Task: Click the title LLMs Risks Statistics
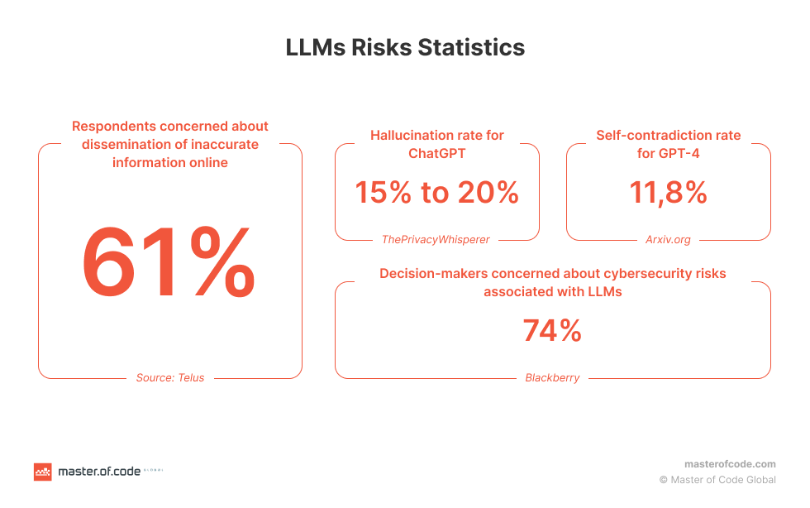[405, 47]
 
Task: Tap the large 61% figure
[169, 263]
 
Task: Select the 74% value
[552, 331]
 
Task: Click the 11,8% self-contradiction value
[668, 193]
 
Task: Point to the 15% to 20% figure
[436, 193]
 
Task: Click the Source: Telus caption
[170, 377]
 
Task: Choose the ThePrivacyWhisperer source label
[436, 239]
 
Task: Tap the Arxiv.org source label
[668, 239]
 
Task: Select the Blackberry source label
[552, 377]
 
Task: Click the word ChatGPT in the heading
[436, 153]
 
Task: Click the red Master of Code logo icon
[43, 472]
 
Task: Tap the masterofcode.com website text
[730, 464]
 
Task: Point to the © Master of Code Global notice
[717, 479]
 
